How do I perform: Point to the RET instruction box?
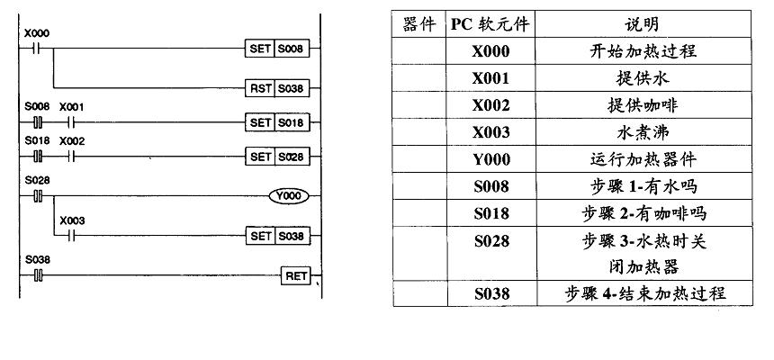tap(295, 274)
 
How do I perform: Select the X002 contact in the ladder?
tap(70, 156)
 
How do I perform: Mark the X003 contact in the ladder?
tap(70, 235)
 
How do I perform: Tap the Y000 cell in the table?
tap(491, 159)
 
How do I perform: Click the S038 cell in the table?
tap(491, 293)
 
